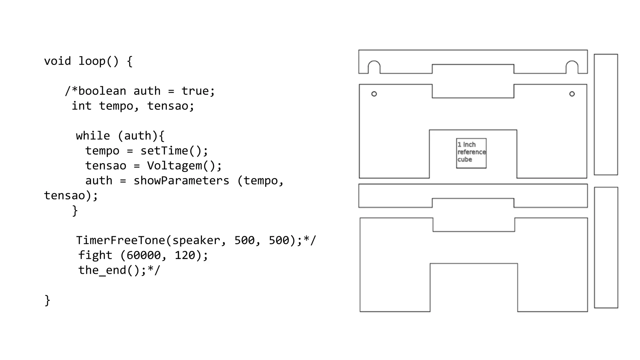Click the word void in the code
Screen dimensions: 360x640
57,61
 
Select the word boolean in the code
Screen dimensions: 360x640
102,91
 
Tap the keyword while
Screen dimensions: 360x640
93,136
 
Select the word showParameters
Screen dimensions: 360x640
181,181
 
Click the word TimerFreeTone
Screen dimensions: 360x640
121,240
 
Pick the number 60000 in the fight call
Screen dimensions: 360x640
143,255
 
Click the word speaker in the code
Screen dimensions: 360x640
196,240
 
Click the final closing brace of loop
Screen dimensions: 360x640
47,300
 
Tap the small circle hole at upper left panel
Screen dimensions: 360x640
374,94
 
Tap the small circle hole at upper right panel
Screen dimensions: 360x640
572,94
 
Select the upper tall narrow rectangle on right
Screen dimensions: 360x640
606,114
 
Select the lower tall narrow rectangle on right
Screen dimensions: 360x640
606,247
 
